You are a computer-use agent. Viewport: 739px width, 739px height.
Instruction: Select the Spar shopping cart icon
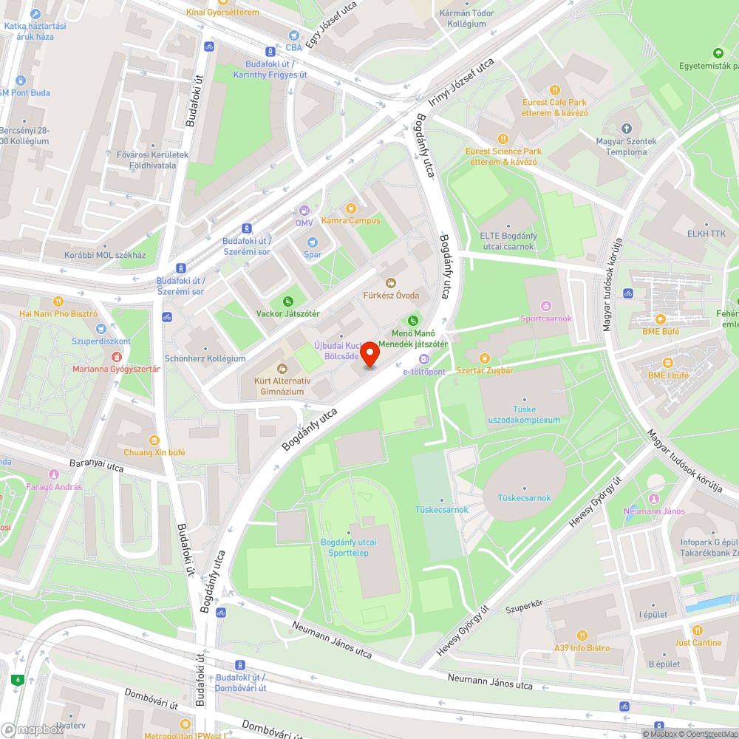(x=312, y=242)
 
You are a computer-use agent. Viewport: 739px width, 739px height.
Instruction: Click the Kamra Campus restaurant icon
(x=351, y=209)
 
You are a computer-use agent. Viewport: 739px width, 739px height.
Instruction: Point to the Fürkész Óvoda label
(x=391, y=296)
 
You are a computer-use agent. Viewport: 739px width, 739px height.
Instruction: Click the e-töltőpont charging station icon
(x=423, y=359)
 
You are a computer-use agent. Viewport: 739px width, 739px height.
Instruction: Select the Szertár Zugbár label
(x=485, y=370)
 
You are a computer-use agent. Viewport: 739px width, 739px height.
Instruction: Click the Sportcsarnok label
(x=546, y=319)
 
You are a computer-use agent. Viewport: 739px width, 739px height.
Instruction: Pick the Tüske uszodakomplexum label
(x=524, y=415)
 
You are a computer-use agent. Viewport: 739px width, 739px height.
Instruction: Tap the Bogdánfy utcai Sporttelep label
(x=349, y=548)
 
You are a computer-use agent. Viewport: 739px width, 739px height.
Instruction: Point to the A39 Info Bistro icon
(x=582, y=635)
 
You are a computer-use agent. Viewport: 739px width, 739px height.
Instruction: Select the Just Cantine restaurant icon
(x=698, y=630)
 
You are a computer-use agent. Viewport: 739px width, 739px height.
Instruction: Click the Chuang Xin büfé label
(x=154, y=452)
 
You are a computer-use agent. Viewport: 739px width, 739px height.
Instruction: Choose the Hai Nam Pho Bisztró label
(x=58, y=313)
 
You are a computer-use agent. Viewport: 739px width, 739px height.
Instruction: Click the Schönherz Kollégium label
(x=205, y=358)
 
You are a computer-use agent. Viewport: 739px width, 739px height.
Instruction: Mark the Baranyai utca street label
(x=96, y=466)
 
